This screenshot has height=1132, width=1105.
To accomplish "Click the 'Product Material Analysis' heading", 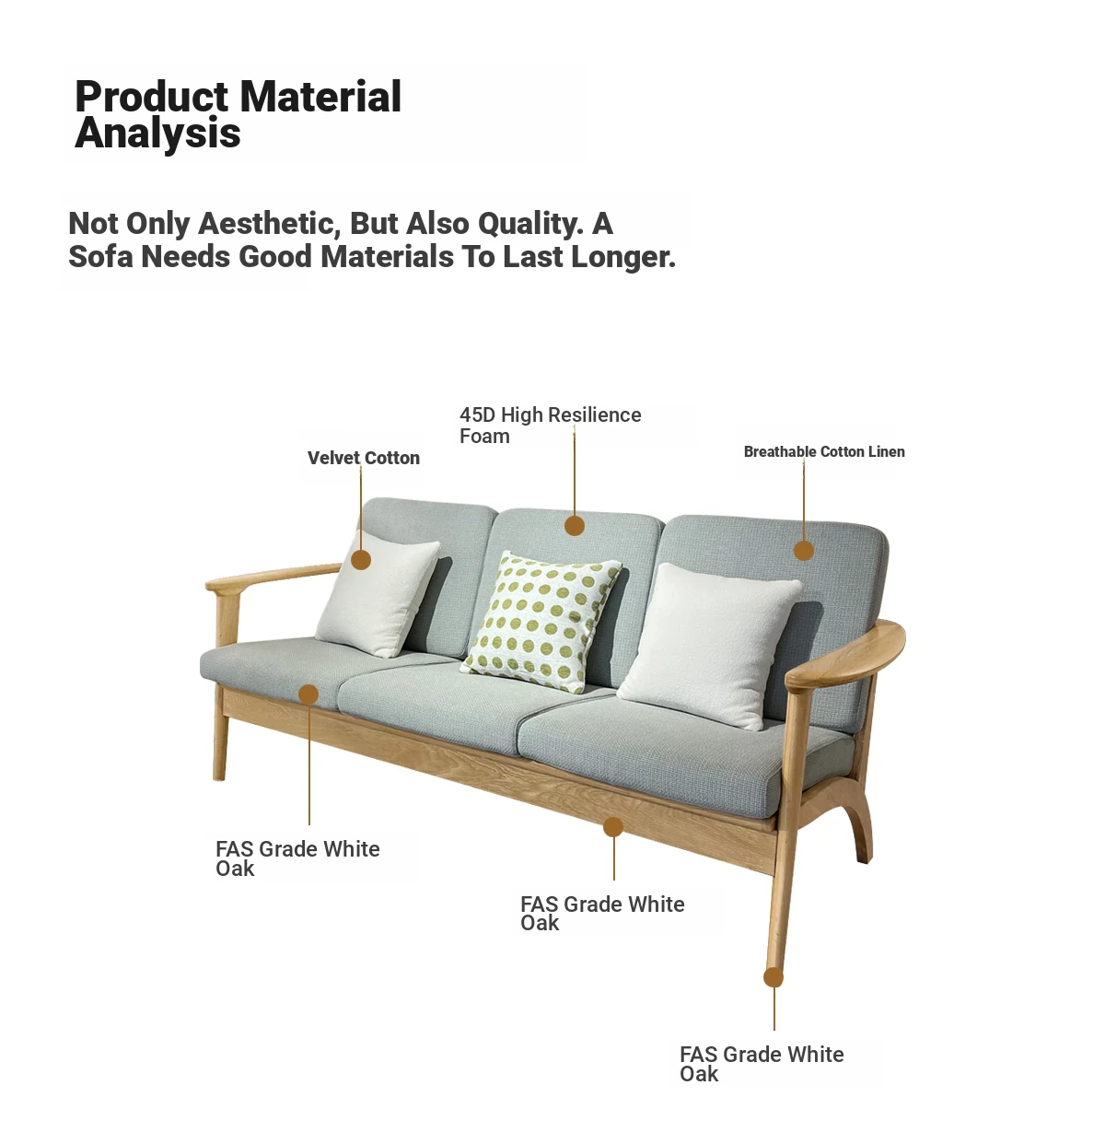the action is [238, 114].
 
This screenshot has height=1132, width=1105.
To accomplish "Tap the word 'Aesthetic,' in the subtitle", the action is [269, 224].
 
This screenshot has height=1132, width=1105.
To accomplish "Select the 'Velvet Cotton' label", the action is [364, 458].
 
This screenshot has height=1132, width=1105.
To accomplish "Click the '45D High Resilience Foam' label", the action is [550, 426].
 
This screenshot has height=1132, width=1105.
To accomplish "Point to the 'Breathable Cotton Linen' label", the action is [824, 451].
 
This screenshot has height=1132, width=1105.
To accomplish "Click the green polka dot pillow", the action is [541, 622].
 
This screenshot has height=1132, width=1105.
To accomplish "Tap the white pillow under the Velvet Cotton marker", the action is [378, 594].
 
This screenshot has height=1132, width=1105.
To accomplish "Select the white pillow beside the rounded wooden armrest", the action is [710, 646].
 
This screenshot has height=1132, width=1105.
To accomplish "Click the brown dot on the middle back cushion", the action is [574, 526].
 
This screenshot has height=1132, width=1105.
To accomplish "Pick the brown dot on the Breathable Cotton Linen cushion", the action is [803, 550].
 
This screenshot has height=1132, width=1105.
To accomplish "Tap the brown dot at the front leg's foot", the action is [773, 978].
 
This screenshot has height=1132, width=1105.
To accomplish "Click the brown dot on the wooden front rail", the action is [613, 826].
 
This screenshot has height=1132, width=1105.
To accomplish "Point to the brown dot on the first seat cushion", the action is [308, 694].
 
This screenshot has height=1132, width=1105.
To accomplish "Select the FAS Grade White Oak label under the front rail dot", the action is [602, 914].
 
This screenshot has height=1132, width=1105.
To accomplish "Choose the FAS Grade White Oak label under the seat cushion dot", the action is [297, 858].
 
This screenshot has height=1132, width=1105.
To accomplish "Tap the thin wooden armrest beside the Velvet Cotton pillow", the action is [273, 576].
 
